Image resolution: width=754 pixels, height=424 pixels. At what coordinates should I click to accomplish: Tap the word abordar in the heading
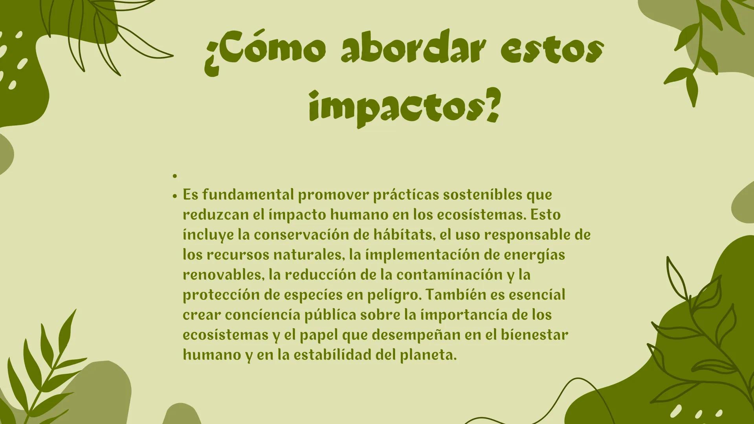[x=411, y=51]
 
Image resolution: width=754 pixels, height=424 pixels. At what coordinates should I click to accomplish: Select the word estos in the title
[x=552, y=51]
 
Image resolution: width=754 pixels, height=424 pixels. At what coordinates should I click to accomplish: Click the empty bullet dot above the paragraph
[x=175, y=176]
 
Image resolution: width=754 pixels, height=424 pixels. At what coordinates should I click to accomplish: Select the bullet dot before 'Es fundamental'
[x=175, y=196]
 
